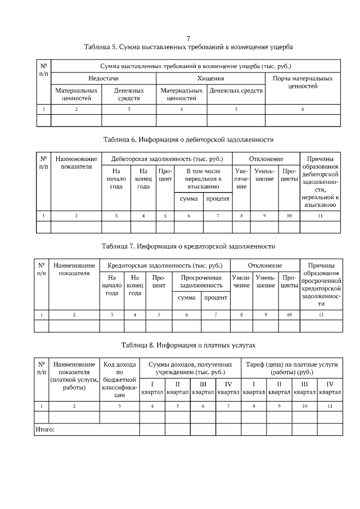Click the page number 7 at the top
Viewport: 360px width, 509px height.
tap(188, 38)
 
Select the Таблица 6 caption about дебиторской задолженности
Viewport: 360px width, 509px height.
tap(188, 139)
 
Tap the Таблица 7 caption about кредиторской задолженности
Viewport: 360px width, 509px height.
tap(188, 246)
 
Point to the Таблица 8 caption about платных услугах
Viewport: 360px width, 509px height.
tap(188, 345)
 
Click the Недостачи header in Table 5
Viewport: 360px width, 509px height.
tap(103, 78)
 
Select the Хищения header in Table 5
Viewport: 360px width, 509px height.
tap(210, 78)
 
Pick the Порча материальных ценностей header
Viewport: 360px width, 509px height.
tap(303, 82)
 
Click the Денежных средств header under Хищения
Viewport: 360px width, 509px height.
tap(236, 90)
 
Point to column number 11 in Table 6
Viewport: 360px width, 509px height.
tap(320, 215)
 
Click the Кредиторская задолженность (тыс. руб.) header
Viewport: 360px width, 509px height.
tap(165, 265)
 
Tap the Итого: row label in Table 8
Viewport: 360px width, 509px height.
tap(45, 429)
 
